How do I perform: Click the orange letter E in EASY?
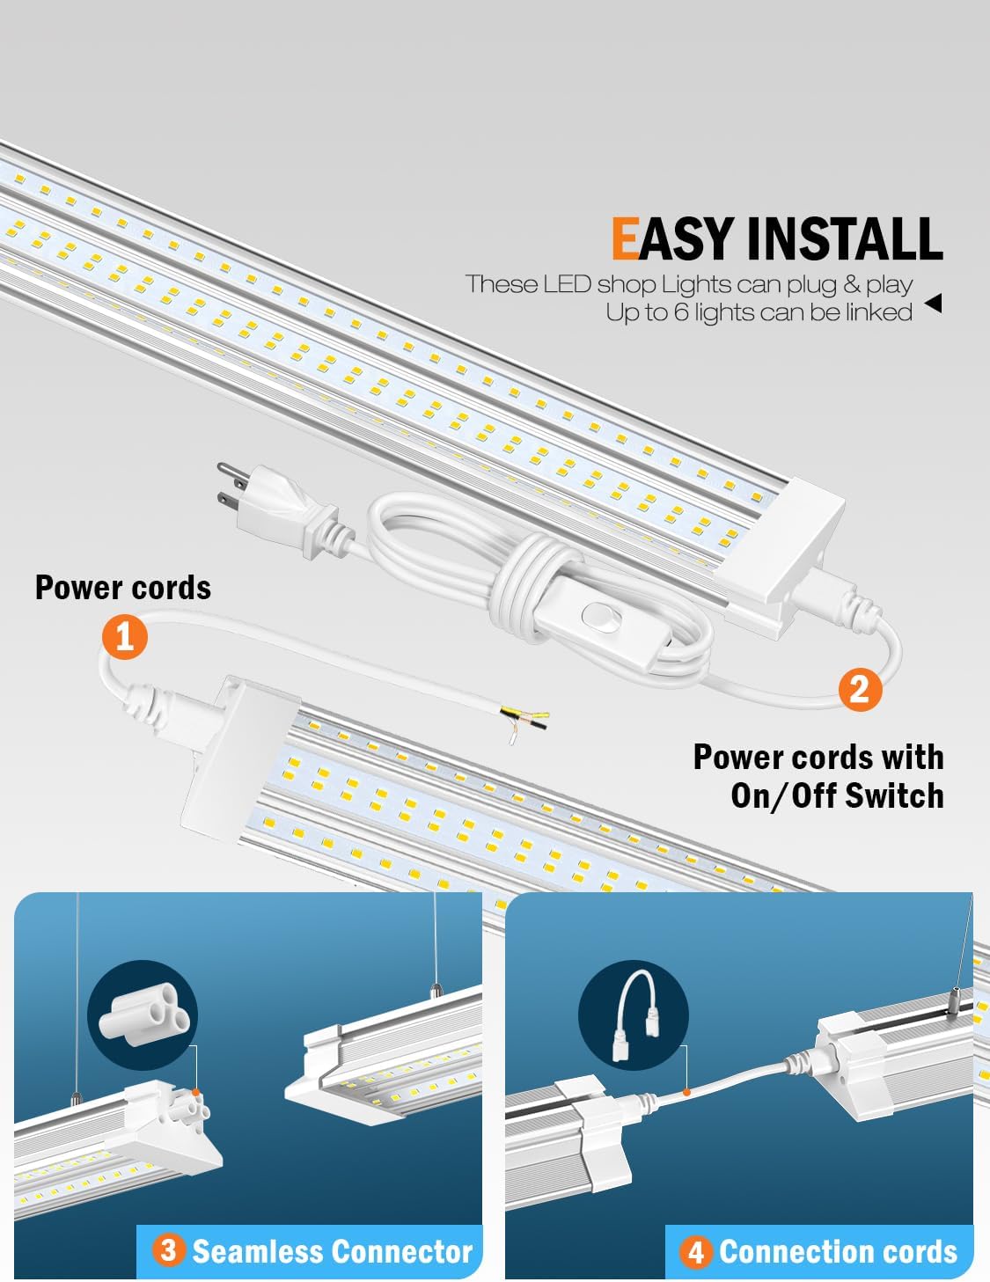click(x=626, y=239)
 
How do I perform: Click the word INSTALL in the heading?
click(x=844, y=239)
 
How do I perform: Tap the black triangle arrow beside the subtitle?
click(x=933, y=304)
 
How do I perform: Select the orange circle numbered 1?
click(x=124, y=635)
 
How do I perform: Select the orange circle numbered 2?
click(x=860, y=687)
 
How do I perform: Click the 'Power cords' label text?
click(x=123, y=588)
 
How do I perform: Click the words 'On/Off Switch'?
click(x=837, y=795)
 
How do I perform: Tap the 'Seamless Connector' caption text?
click(x=332, y=1251)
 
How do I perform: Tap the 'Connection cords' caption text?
click(x=837, y=1251)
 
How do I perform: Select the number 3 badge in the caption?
click(x=168, y=1250)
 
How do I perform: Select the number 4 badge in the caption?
click(x=696, y=1251)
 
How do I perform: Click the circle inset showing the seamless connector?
click(x=143, y=1015)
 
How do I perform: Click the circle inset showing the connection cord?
click(x=633, y=1015)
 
